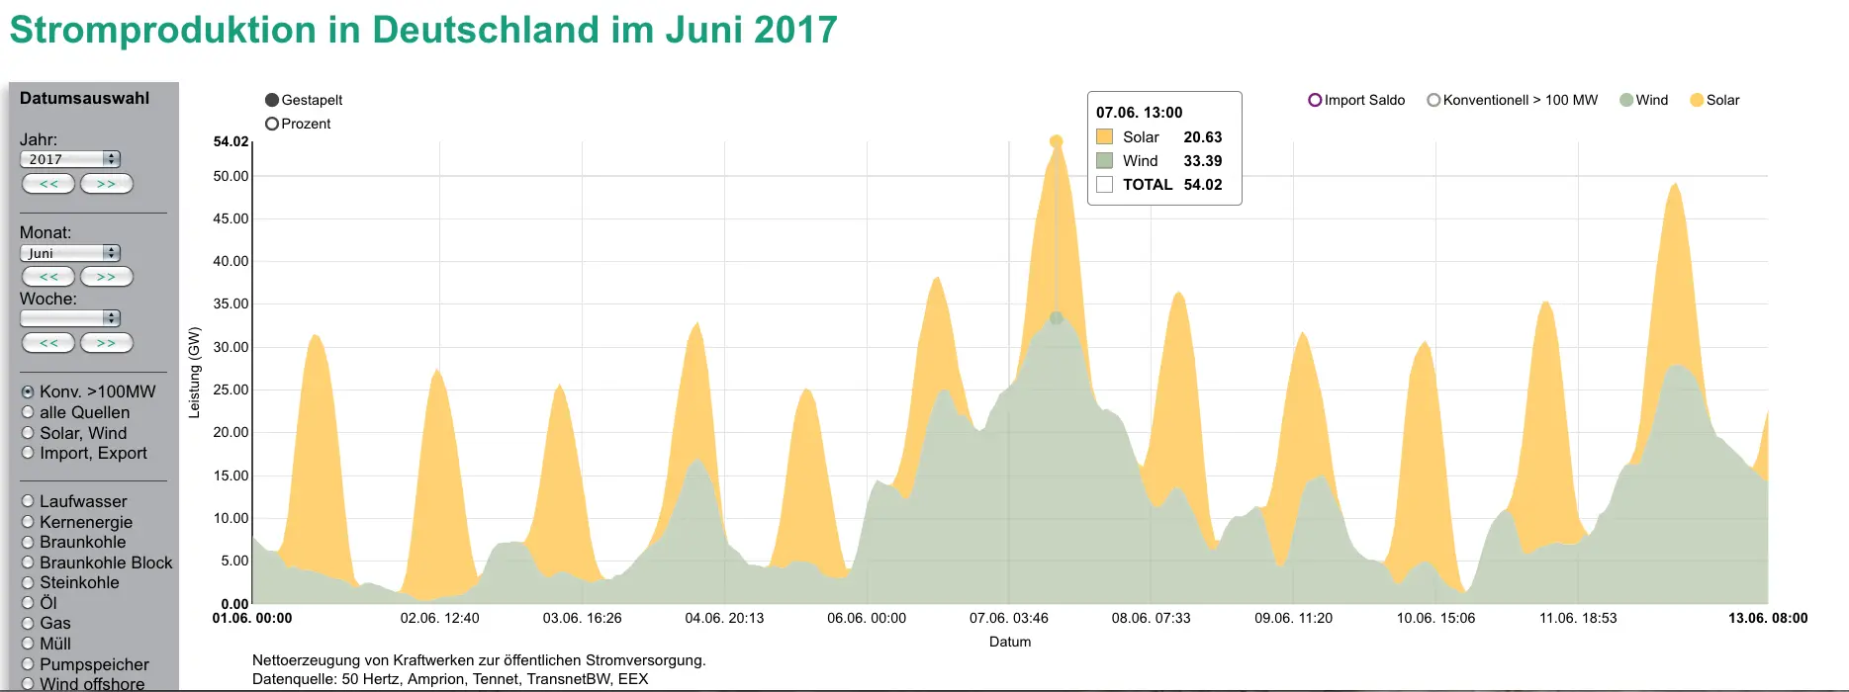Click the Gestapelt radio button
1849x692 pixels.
(x=272, y=100)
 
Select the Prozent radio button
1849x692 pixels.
(x=272, y=124)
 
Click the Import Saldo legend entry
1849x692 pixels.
(x=1315, y=100)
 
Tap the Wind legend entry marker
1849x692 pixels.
(x=1626, y=100)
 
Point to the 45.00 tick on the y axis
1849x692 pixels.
(x=231, y=218)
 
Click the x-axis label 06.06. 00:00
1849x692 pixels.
(x=867, y=618)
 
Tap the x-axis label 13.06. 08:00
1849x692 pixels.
(x=1767, y=618)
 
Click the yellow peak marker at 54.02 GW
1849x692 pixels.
(x=1057, y=141)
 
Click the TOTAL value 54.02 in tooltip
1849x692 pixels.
(x=1202, y=185)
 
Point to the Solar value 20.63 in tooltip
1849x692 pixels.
(x=1202, y=137)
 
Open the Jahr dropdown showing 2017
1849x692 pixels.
(x=69, y=159)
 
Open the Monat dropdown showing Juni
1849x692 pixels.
(x=69, y=253)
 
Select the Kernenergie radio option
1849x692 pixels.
(x=28, y=522)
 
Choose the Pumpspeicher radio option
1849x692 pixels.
(x=28, y=664)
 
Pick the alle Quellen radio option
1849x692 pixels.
(x=28, y=412)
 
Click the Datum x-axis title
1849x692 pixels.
(x=1010, y=642)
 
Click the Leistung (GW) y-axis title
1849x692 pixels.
(x=194, y=373)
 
